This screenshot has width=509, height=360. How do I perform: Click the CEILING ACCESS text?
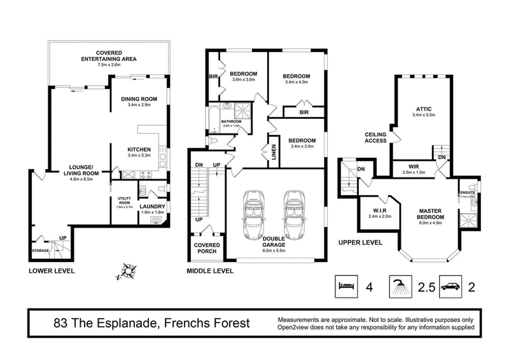377,138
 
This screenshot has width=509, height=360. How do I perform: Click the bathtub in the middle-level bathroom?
212,118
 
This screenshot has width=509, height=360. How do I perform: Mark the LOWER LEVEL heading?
52,271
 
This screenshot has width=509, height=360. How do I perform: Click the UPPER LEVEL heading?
360,242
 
